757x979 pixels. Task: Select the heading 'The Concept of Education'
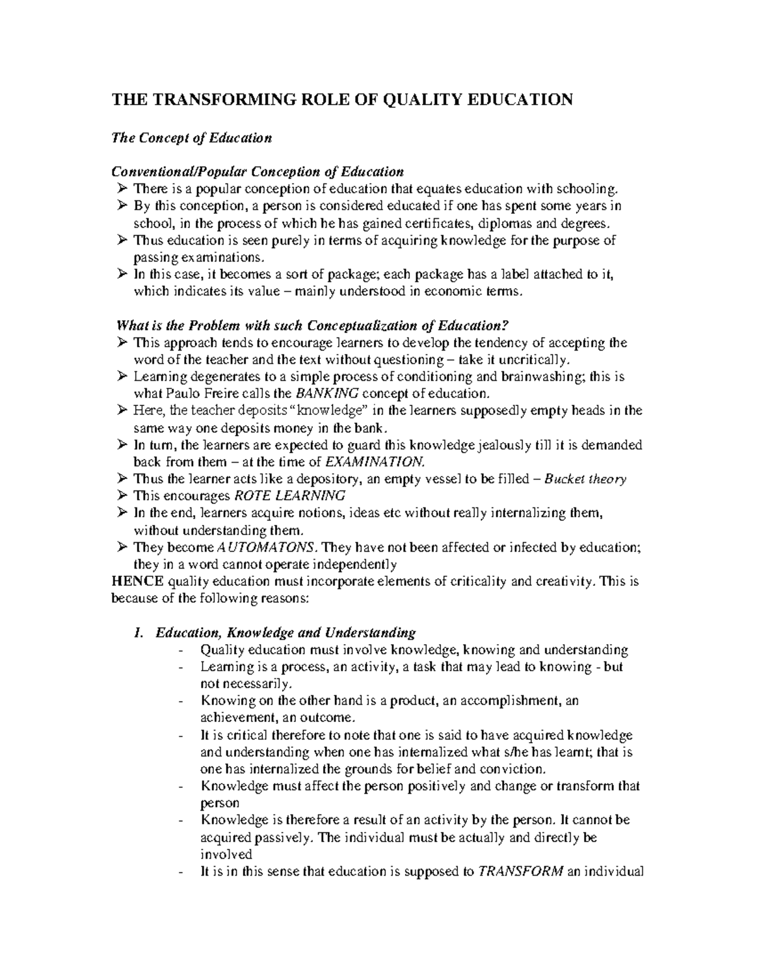click(x=191, y=138)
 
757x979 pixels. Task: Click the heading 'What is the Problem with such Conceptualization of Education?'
click(x=313, y=326)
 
